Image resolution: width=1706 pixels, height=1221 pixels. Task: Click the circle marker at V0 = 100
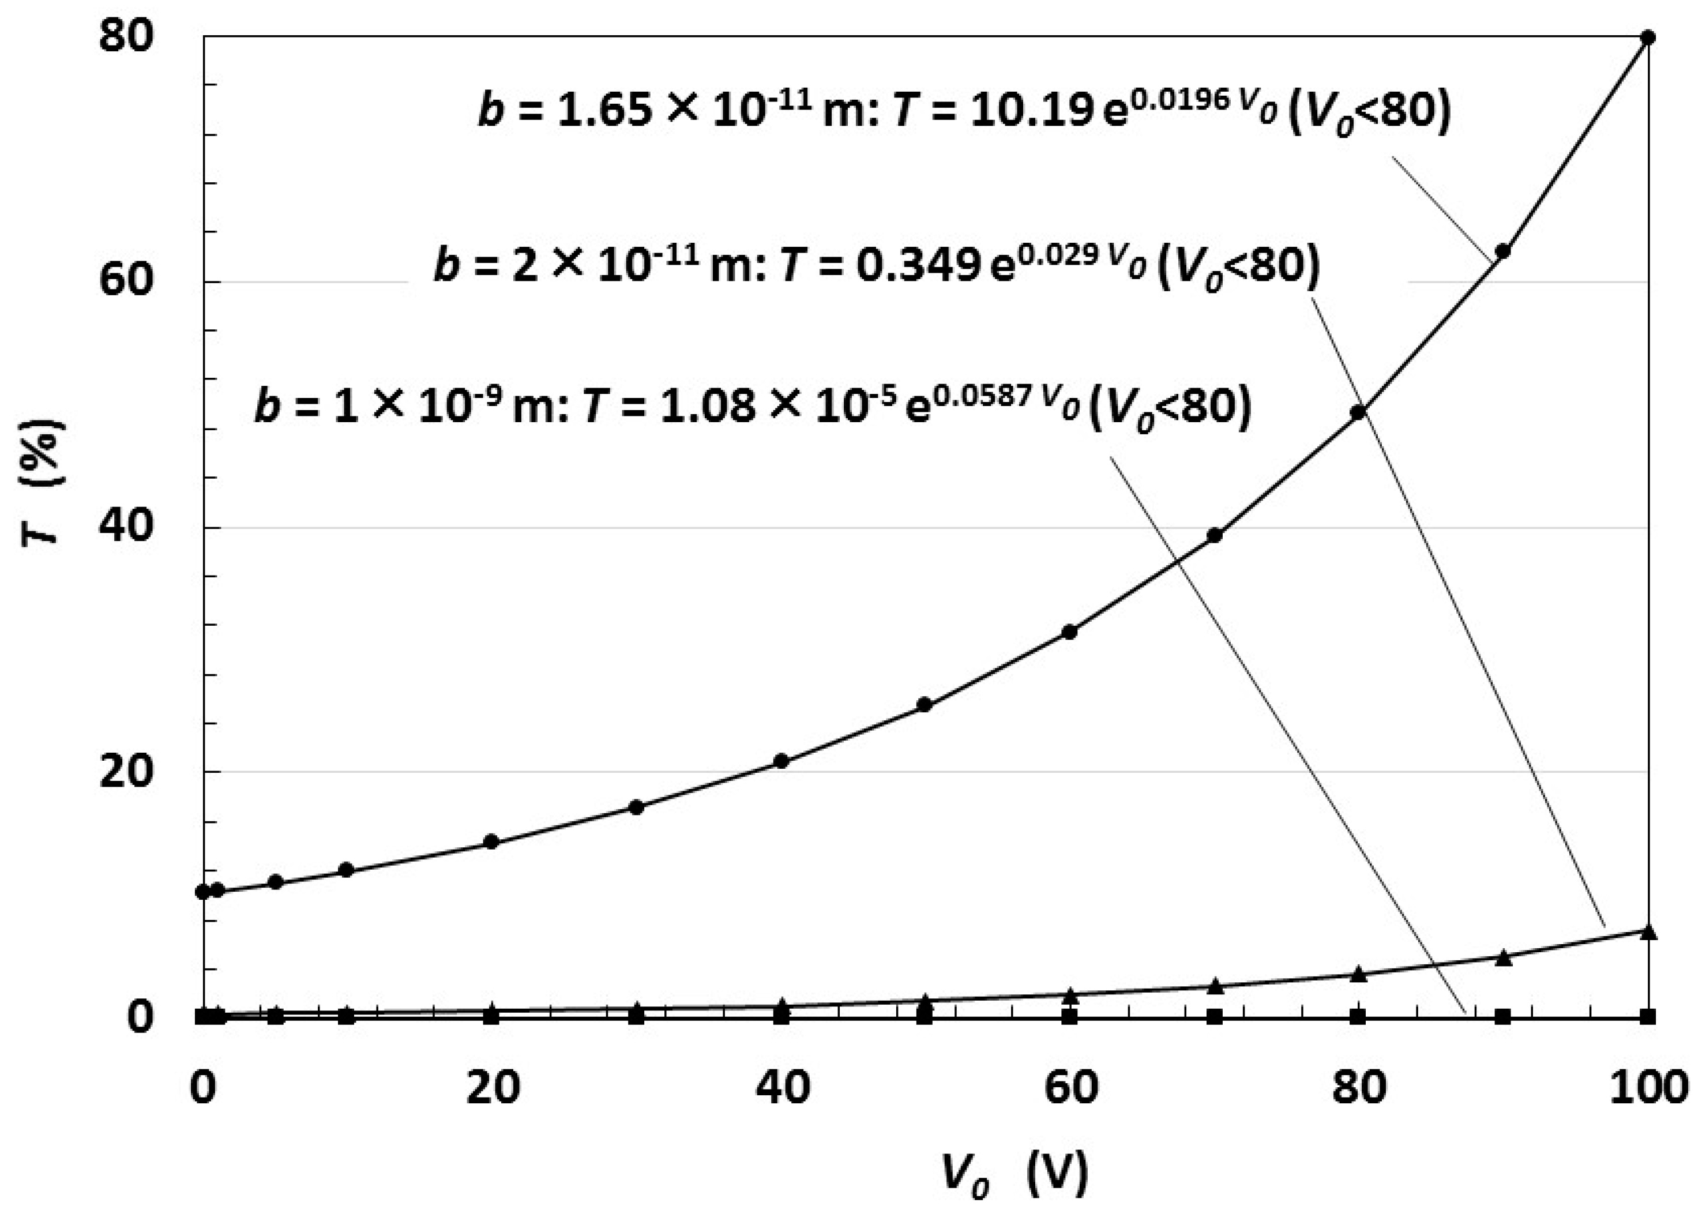[x=1647, y=37]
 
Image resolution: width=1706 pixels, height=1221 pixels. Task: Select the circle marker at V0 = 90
[x=1503, y=250]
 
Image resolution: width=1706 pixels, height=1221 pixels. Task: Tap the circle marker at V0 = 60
[x=1069, y=632]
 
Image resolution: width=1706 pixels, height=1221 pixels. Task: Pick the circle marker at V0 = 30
[x=636, y=807]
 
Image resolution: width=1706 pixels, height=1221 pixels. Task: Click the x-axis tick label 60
[x=1070, y=1087]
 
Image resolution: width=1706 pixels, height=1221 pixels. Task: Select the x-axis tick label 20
[x=493, y=1087]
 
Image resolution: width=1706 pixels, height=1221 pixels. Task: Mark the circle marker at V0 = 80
[x=1358, y=412]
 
